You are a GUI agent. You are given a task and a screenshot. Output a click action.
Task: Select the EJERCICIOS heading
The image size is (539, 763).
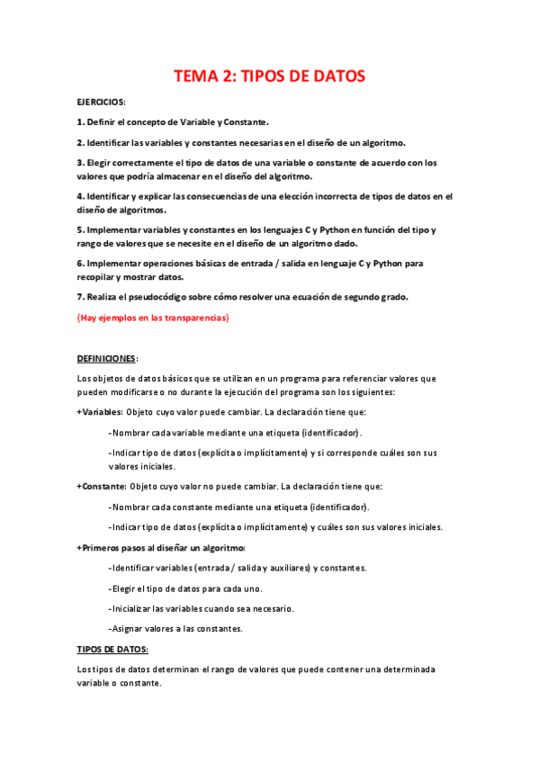pyautogui.click(x=101, y=102)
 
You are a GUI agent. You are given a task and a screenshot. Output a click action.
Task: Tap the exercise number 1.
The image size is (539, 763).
pyautogui.click(x=80, y=121)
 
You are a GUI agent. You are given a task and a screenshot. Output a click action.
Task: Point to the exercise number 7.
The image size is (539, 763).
pyautogui.click(x=80, y=298)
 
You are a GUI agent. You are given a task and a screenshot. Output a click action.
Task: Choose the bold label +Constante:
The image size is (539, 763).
pyautogui.click(x=102, y=486)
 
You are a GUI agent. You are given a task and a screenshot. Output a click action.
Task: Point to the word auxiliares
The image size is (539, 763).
pyautogui.click(x=286, y=568)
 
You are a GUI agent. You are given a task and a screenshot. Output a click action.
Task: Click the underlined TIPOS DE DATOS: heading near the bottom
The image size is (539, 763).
pyautogui.click(x=112, y=649)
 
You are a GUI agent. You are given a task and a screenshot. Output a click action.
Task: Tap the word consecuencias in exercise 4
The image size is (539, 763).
pyautogui.click(x=202, y=195)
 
